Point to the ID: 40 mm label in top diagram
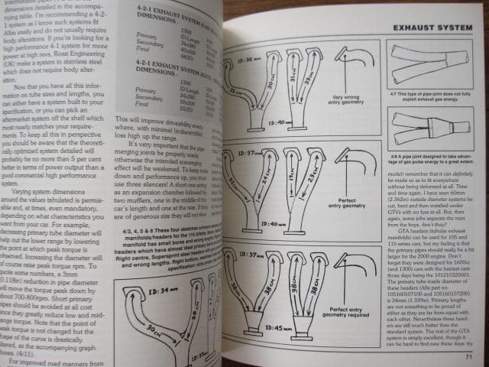[x=260, y=120]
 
